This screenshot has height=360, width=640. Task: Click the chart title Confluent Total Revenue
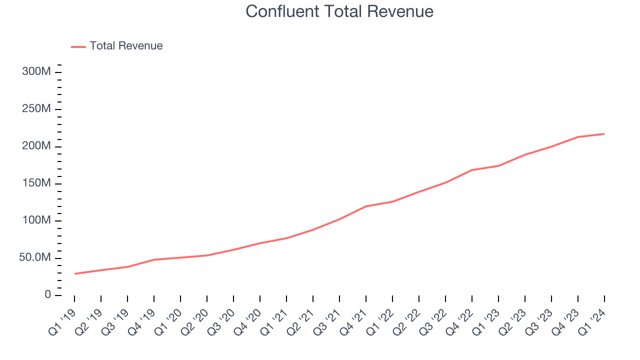pyautogui.click(x=339, y=11)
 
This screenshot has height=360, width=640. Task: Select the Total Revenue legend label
pyautogui.click(x=126, y=46)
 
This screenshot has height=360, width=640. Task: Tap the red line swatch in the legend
pyautogui.click(x=78, y=46)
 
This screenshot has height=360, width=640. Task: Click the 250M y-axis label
pyautogui.click(x=36, y=109)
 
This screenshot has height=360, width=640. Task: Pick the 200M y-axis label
pyautogui.click(x=36, y=146)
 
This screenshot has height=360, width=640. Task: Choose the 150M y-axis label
pyautogui.click(x=36, y=183)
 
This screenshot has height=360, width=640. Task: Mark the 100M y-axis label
pyautogui.click(x=36, y=221)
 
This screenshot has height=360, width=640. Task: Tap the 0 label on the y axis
pyautogui.click(x=47, y=295)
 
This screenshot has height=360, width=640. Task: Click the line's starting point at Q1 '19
pyautogui.click(x=74, y=273)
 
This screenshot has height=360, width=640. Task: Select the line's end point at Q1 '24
pyautogui.click(x=604, y=133)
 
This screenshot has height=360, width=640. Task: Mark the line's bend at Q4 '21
pyautogui.click(x=366, y=206)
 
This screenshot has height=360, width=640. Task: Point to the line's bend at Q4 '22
pyautogui.click(x=472, y=170)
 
